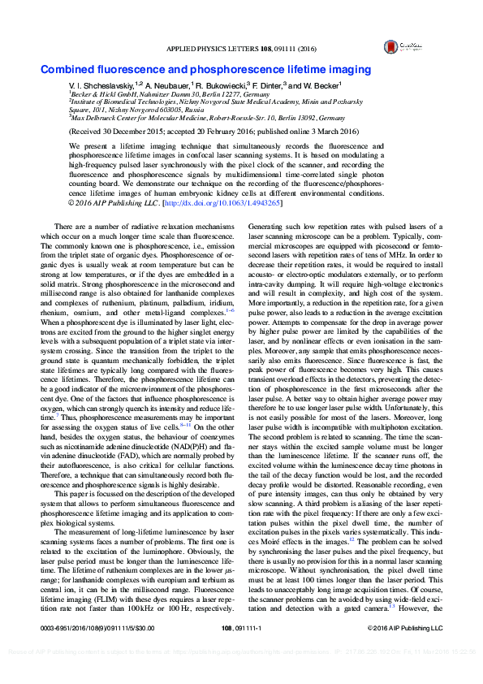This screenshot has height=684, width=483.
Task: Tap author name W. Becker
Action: [x=322, y=85]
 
